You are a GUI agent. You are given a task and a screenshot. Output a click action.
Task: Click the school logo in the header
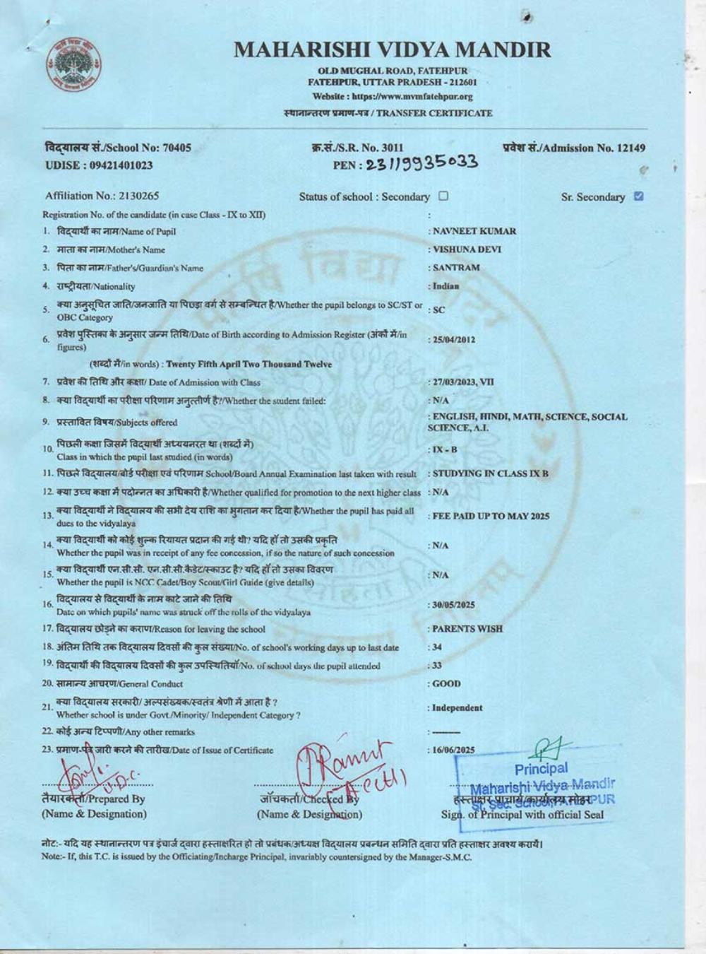tap(73, 66)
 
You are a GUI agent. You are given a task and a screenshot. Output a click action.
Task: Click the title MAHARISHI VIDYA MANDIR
tap(392, 49)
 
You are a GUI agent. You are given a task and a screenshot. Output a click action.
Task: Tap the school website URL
tap(393, 96)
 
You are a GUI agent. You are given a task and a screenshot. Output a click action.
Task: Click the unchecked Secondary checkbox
tap(443, 196)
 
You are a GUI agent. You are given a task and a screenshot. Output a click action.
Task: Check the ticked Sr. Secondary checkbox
tap(639, 196)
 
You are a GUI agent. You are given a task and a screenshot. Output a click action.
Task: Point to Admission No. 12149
tap(574, 148)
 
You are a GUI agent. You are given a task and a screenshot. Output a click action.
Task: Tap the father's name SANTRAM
tap(456, 268)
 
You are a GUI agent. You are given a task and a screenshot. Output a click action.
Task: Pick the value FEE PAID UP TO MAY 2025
tap(491, 516)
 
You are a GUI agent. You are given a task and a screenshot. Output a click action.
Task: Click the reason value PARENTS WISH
tap(467, 628)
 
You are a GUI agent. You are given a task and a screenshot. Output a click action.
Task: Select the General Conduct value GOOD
tap(447, 683)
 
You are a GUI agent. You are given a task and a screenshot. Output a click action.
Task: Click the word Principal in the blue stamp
tap(541, 769)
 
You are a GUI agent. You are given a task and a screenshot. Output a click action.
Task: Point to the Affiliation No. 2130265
tap(102, 196)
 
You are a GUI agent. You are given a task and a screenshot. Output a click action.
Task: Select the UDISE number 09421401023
tap(98, 165)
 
